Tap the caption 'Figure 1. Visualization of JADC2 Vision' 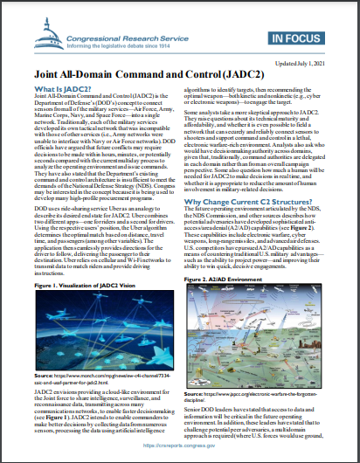[x=85, y=285]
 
